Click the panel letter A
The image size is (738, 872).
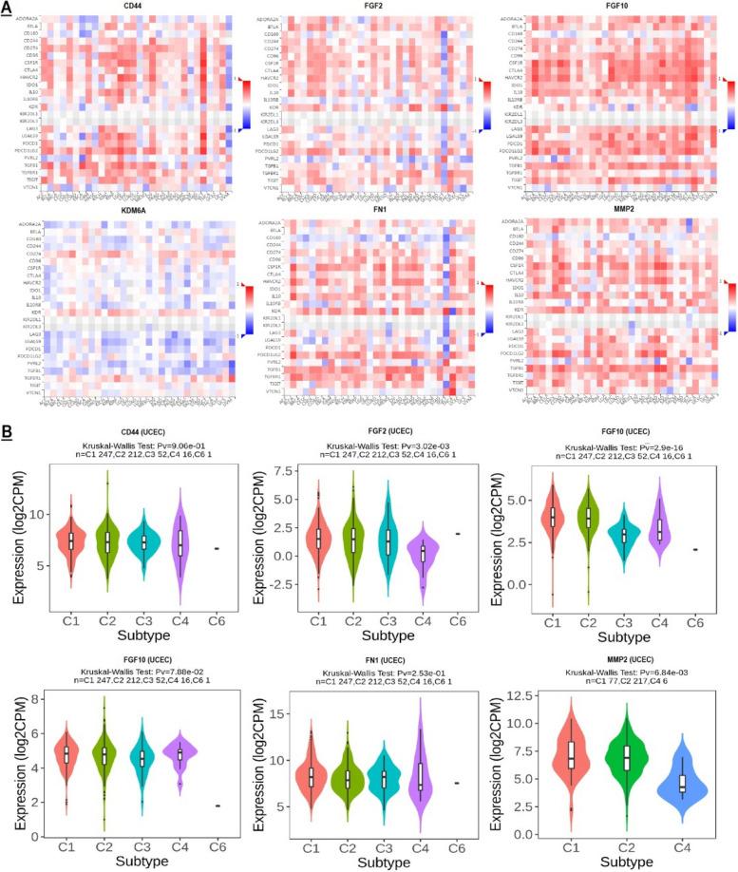click(8, 7)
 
